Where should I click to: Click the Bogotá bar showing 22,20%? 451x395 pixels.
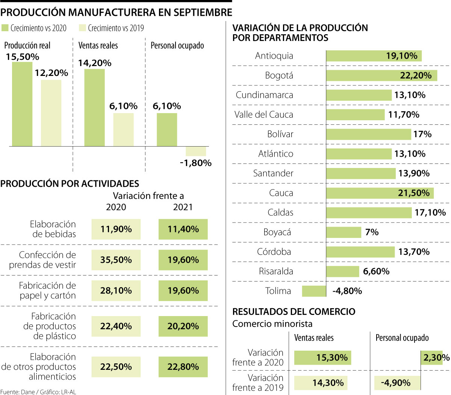[x=381, y=76]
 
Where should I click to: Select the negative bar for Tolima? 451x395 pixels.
[x=314, y=291]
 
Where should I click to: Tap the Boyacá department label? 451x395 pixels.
[x=277, y=232]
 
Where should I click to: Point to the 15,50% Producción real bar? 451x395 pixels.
[x=22, y=104]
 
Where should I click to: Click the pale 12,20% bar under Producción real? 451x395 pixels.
[x=51, y=113]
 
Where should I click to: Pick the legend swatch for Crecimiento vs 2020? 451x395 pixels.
[x=5, y=28]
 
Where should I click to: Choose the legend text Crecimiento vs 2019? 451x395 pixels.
[x=115, y=28]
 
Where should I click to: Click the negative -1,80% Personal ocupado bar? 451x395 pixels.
[x=196, y=151]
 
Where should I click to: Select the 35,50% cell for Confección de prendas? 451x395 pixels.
[x=116, y=260]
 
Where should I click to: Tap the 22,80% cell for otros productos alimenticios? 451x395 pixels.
[x=183, y=367]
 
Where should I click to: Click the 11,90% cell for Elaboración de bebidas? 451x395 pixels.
[x=116, y=229]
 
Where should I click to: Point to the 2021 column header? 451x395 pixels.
[x=183, y=207]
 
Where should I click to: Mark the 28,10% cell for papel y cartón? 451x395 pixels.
[x=116, y=291]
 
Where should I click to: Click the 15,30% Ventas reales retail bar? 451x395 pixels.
[x=322, y=357]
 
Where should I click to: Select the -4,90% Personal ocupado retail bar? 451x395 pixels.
[x=397, y=383]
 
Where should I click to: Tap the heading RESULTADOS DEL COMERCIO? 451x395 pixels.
[x=294, y=312]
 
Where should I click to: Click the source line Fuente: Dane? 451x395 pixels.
[x=38, y=392]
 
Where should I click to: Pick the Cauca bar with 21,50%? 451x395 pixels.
[x=380, y=193]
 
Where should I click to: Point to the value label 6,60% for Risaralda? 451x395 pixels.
[x=376, y=271]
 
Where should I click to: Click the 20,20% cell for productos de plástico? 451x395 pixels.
[x=183, y=326]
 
